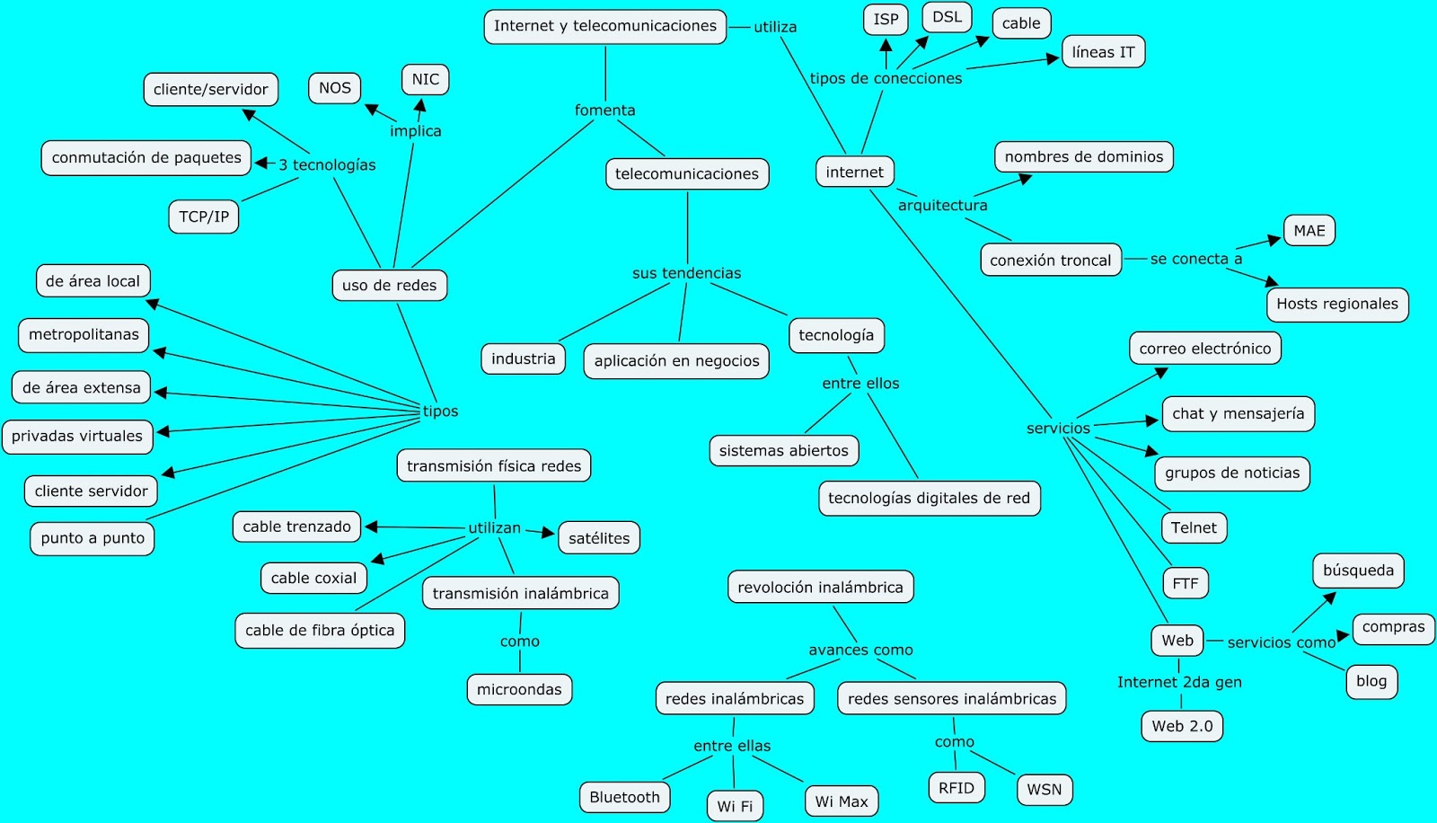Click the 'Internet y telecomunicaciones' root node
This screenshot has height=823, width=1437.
604,26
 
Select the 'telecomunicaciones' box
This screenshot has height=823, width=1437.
686,173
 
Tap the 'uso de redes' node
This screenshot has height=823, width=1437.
389,285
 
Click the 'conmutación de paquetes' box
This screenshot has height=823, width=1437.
146,157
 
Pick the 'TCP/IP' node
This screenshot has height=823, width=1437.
204,217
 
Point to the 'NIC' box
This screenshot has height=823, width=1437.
425,79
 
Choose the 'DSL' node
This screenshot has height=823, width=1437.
947,17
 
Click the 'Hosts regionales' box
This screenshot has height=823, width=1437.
1336,304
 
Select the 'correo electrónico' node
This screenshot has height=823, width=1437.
1204,348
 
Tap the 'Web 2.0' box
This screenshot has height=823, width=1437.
1181,726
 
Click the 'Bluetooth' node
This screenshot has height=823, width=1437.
624,797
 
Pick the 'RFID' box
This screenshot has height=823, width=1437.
956,788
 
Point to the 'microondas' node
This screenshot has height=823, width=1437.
519,689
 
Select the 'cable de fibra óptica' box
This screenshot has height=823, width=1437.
320,630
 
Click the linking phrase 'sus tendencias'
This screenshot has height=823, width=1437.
686,273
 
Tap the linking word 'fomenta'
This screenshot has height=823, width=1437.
604,111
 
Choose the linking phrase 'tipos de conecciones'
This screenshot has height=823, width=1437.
886,78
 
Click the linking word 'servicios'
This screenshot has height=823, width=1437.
1058,429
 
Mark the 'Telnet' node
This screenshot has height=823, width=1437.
1194,527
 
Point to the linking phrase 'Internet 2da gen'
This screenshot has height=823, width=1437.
1179,682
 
